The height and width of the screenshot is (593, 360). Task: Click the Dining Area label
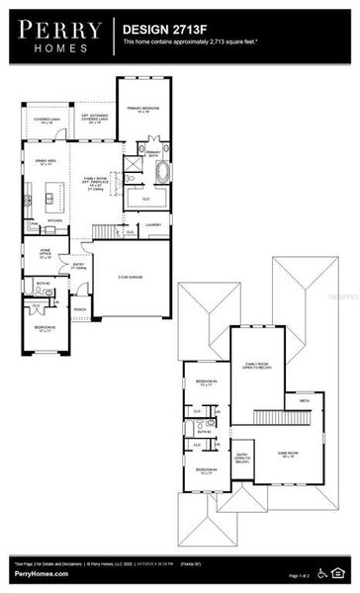click(45, 162)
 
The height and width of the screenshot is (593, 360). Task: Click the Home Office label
click(46, 253)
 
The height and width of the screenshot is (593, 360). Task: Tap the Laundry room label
click(153, 225)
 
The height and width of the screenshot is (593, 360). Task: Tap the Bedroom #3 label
click(207, 382)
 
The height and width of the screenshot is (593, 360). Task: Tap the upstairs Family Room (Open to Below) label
click(259, 366)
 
